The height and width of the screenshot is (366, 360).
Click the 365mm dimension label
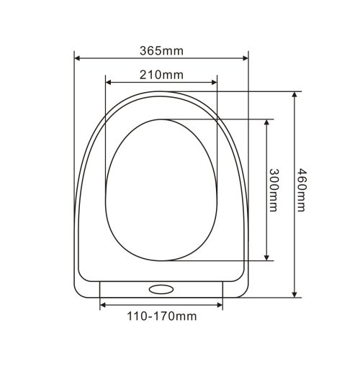click(x=161, y=51)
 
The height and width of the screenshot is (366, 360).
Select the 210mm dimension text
click(x=161, y=75)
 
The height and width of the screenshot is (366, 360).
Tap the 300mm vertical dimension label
click(x=274, y=190)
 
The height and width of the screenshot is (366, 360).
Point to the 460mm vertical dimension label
click(x=301, y=190)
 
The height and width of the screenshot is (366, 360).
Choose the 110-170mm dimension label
click(x=162, y=316)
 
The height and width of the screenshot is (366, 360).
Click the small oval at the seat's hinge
click(x=161, y=289)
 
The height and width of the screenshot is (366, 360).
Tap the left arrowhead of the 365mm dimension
click(x=77, y=58)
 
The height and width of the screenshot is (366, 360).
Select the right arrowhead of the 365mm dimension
click(x=246, y=58)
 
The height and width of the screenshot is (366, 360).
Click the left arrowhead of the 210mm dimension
click(x=109, y=83)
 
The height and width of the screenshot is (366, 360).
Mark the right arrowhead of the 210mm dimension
click(x=214, y=83)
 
